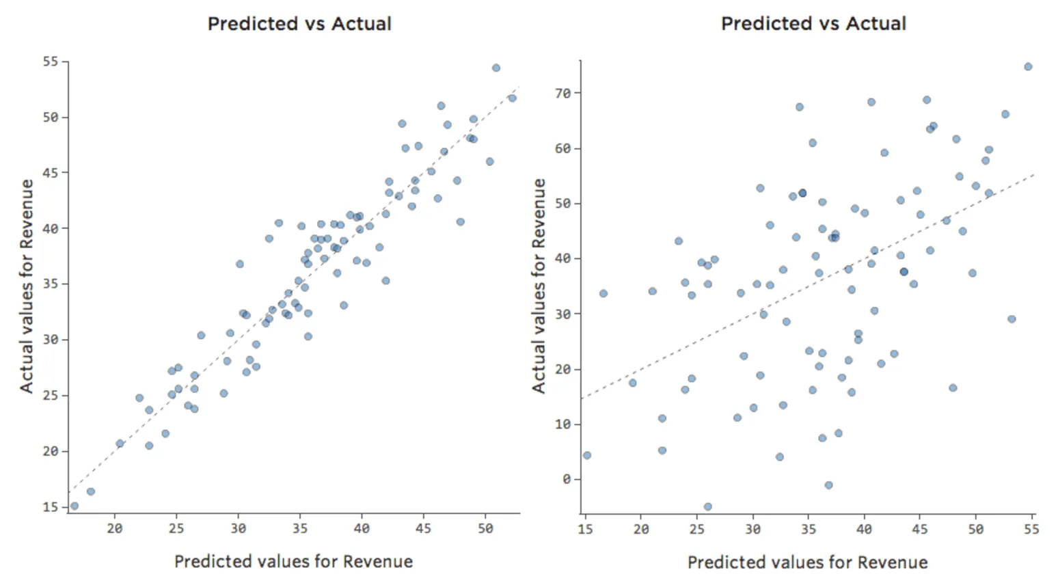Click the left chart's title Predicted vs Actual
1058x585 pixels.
pyautogui.click(x=299, y=24)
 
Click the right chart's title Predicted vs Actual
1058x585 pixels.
pyautogui.click(x=813, y=24)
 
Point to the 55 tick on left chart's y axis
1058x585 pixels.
pyautogui.click(x=51, y=62)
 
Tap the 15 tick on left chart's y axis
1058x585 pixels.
pyautogui.click(x=51, y=507)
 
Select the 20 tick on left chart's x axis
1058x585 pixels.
pyautogui.click(x=114, y=528)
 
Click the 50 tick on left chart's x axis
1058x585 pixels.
pyautogui.click(x=485, y=528)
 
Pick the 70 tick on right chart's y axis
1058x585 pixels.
pyautogui.click(x=562, y=93)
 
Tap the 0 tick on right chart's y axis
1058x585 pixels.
pyautogui.click(x=567, y=479)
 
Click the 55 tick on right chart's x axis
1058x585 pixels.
pyautogui.click(x=1031, y=529)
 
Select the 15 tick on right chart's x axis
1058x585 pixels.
pyautogui.click(x=585, y=529)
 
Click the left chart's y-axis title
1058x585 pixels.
pyautogui.click(x=27, y=286)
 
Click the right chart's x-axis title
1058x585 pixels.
pyautogui.click(x=807, y=562)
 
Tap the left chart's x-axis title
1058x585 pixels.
pyautogui.click(x=293, y=562)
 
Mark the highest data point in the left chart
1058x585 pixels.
pyautogui.click(x=496, y=68)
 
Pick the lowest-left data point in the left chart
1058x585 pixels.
pyautogui.click(x=74, y=506)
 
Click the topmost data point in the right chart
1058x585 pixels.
pyautogui.click(x=1028, y=67)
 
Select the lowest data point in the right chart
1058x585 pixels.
pyautogui.click(x=708, y=507)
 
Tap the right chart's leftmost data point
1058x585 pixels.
pyautogui.click(x=587, y=455)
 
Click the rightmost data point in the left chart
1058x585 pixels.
pyautogui.click(x=513, y=98)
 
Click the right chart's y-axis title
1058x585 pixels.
pyautogui.click(x=539, y=286)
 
